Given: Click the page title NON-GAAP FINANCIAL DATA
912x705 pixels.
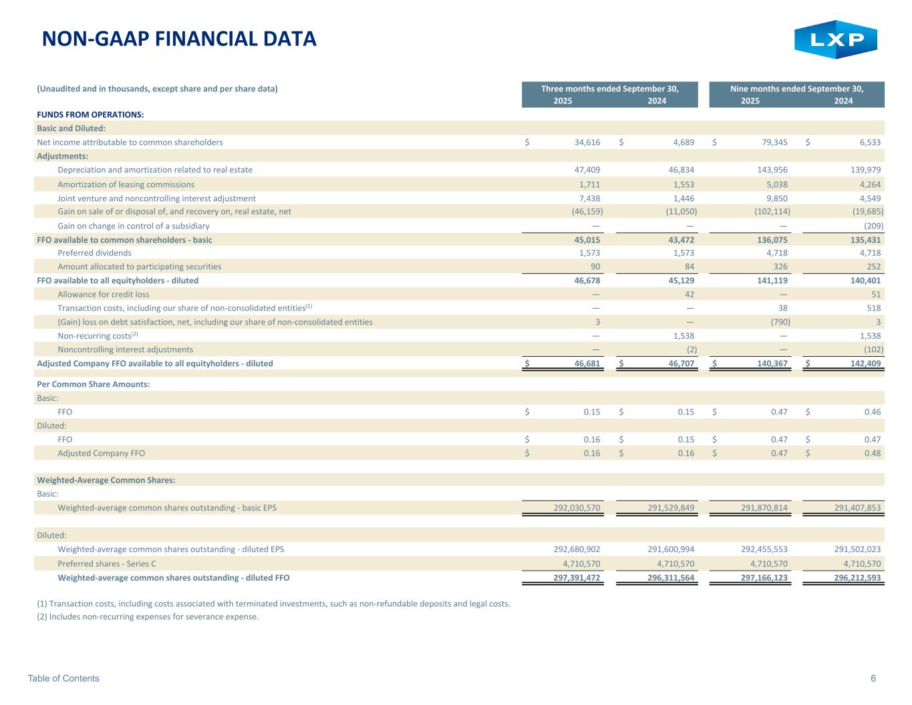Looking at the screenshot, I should coord(179,39).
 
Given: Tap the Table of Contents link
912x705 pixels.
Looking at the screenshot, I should coord(63,678).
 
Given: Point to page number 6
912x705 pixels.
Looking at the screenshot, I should coord(873,678).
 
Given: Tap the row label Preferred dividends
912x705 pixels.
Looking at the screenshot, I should coord(94,253).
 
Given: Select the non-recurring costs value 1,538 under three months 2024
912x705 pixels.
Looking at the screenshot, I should coord(681,335).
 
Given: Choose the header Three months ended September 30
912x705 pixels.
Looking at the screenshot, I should coord(609,89).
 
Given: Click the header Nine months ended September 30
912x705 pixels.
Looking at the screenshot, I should coord(796,89).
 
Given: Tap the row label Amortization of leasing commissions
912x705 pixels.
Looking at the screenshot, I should coord(126,184).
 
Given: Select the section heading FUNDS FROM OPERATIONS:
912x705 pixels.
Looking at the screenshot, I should coord(90,114).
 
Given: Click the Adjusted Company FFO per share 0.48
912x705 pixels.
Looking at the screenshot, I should coord(872,453).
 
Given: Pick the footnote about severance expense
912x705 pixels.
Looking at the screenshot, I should coord(148,617).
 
